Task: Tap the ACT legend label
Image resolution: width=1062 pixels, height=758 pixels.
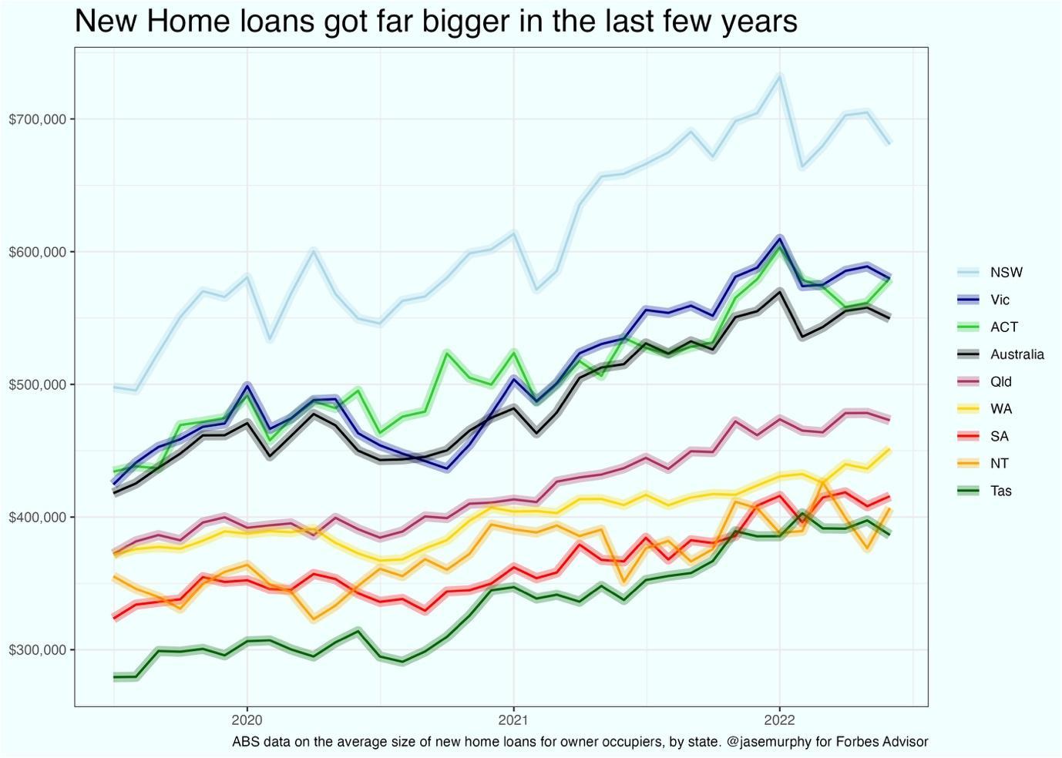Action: pos(1003,327)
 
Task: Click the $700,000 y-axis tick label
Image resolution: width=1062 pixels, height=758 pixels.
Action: pos(37,119)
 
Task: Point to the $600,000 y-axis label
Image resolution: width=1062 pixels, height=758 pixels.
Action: pos(37,252)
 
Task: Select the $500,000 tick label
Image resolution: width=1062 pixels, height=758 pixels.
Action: pos(37,384)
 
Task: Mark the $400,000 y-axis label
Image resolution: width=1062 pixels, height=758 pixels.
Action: pos(37,517)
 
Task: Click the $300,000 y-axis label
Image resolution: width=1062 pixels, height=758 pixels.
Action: pos(37,650)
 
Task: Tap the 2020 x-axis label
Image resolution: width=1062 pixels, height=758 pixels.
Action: pos(247,719)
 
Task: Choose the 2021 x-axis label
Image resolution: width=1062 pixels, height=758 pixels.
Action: pos(513,719)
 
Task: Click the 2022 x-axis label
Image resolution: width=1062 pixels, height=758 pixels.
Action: pos(779,719)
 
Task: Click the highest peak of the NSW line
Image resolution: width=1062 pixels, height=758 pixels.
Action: pos(779,75)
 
